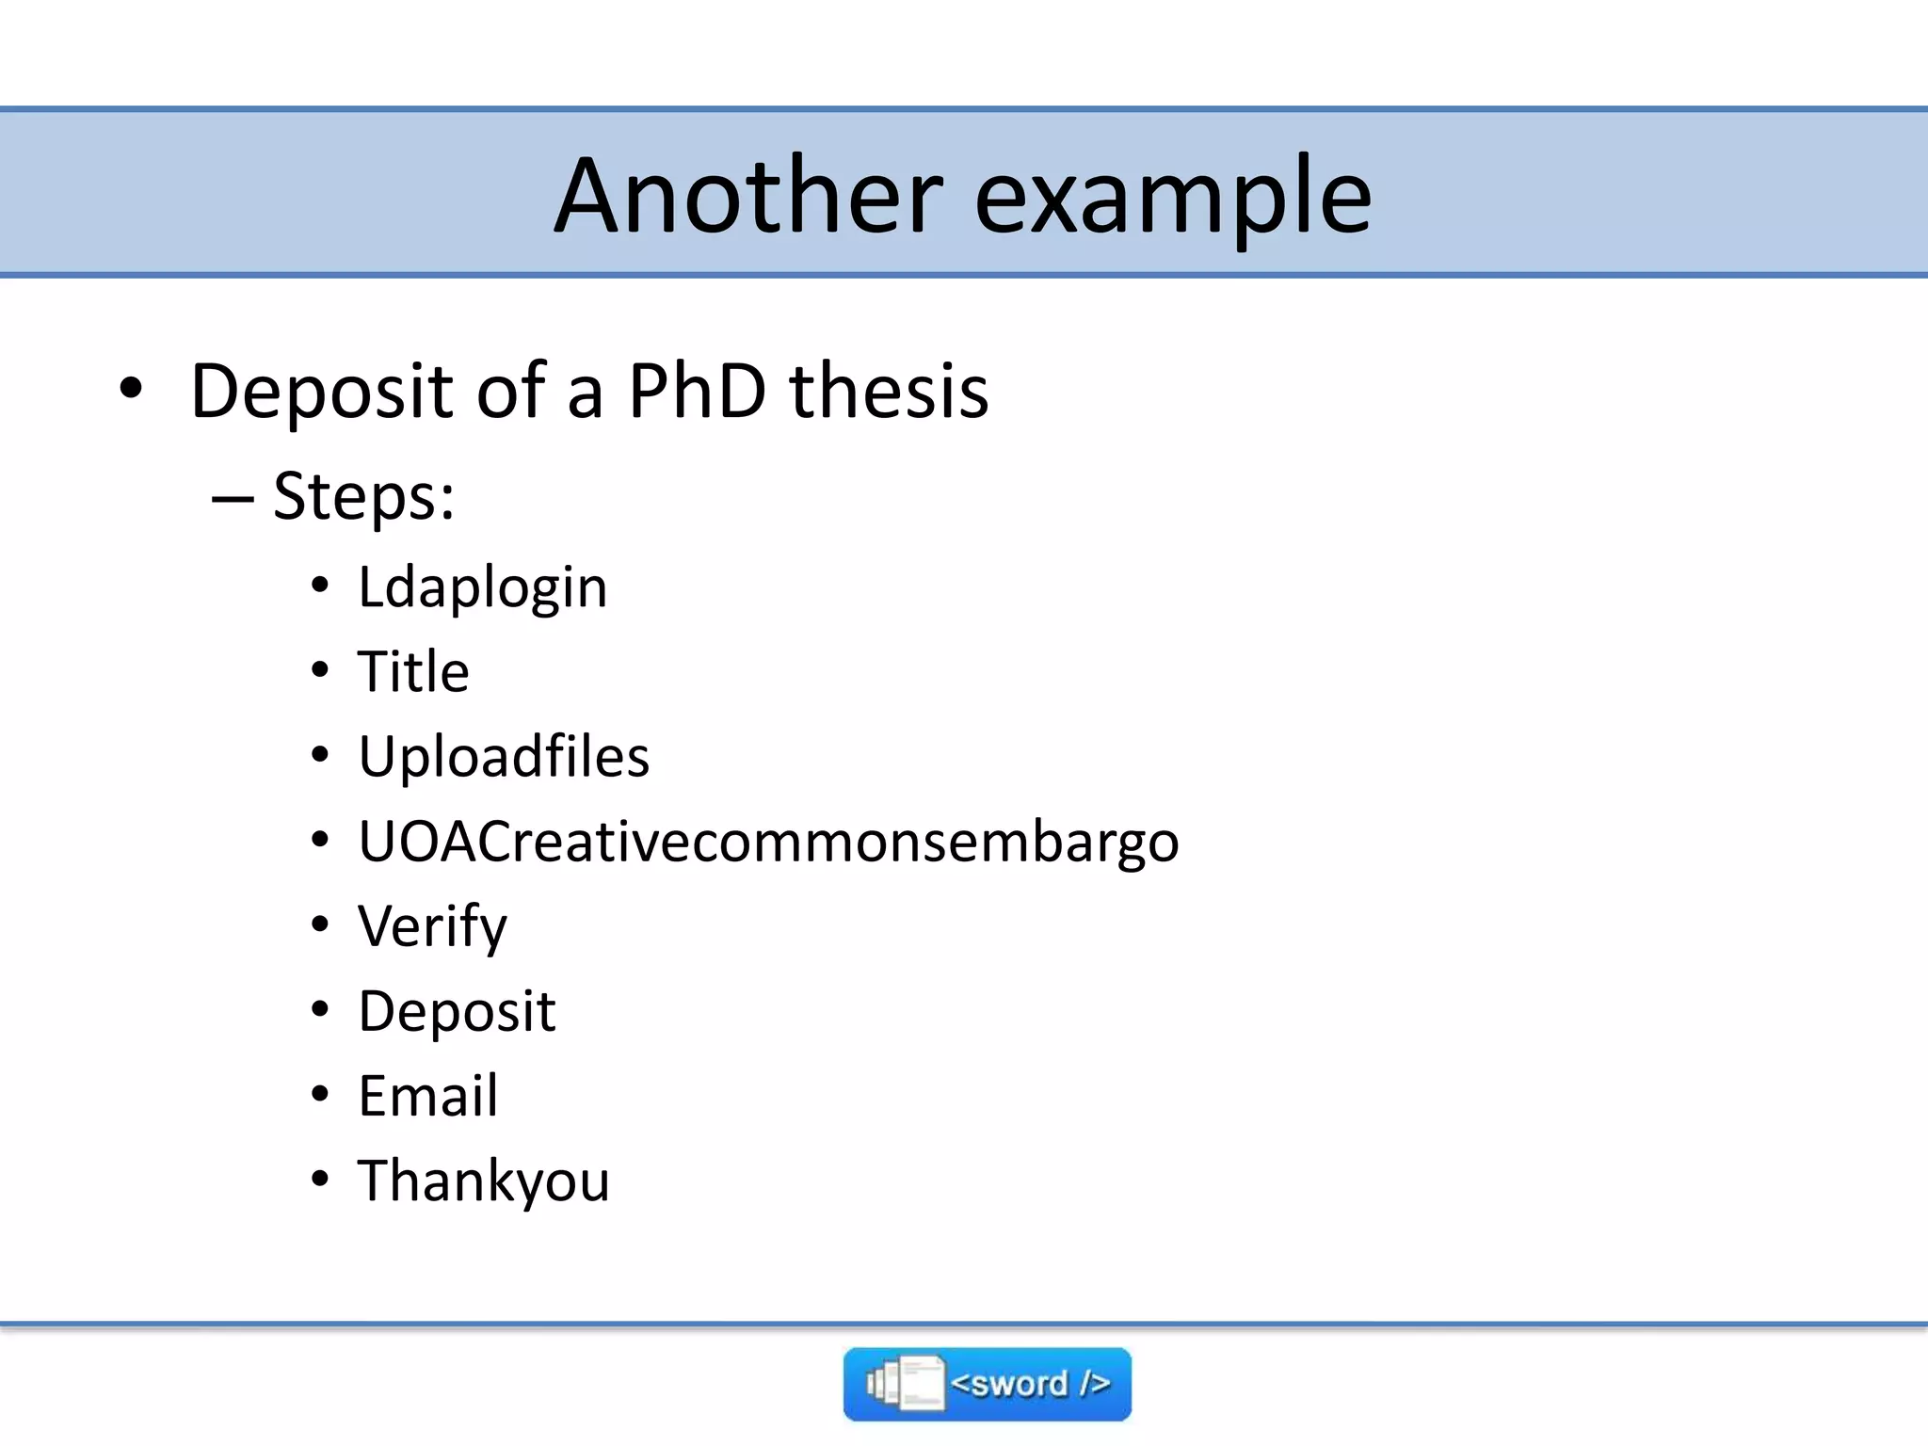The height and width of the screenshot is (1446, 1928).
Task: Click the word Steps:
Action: pos(363,496)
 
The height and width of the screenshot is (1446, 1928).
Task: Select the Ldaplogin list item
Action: pos(482,588)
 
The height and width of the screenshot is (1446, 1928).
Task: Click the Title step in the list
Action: pos(413,671)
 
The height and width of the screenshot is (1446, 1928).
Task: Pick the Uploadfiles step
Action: pos(504,756)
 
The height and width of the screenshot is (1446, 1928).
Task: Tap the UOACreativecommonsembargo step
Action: pos(768,841)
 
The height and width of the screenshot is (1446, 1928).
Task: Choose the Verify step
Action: pos(432,927)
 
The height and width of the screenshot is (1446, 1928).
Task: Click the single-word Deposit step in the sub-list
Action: pos(457,1012)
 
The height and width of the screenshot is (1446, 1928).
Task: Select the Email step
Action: pos(427,1096)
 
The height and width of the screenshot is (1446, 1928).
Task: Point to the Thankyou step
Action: pos(483,1181)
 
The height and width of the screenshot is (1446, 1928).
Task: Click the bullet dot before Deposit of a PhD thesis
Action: pos(131,387)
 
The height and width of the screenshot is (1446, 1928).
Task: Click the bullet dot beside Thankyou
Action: pos(320,1178)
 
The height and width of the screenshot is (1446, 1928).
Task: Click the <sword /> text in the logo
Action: pos(1030,1384)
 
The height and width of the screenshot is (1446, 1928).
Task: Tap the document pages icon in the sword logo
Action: pos(905,1384)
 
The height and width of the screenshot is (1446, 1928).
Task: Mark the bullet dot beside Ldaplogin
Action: pos(320,585)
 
